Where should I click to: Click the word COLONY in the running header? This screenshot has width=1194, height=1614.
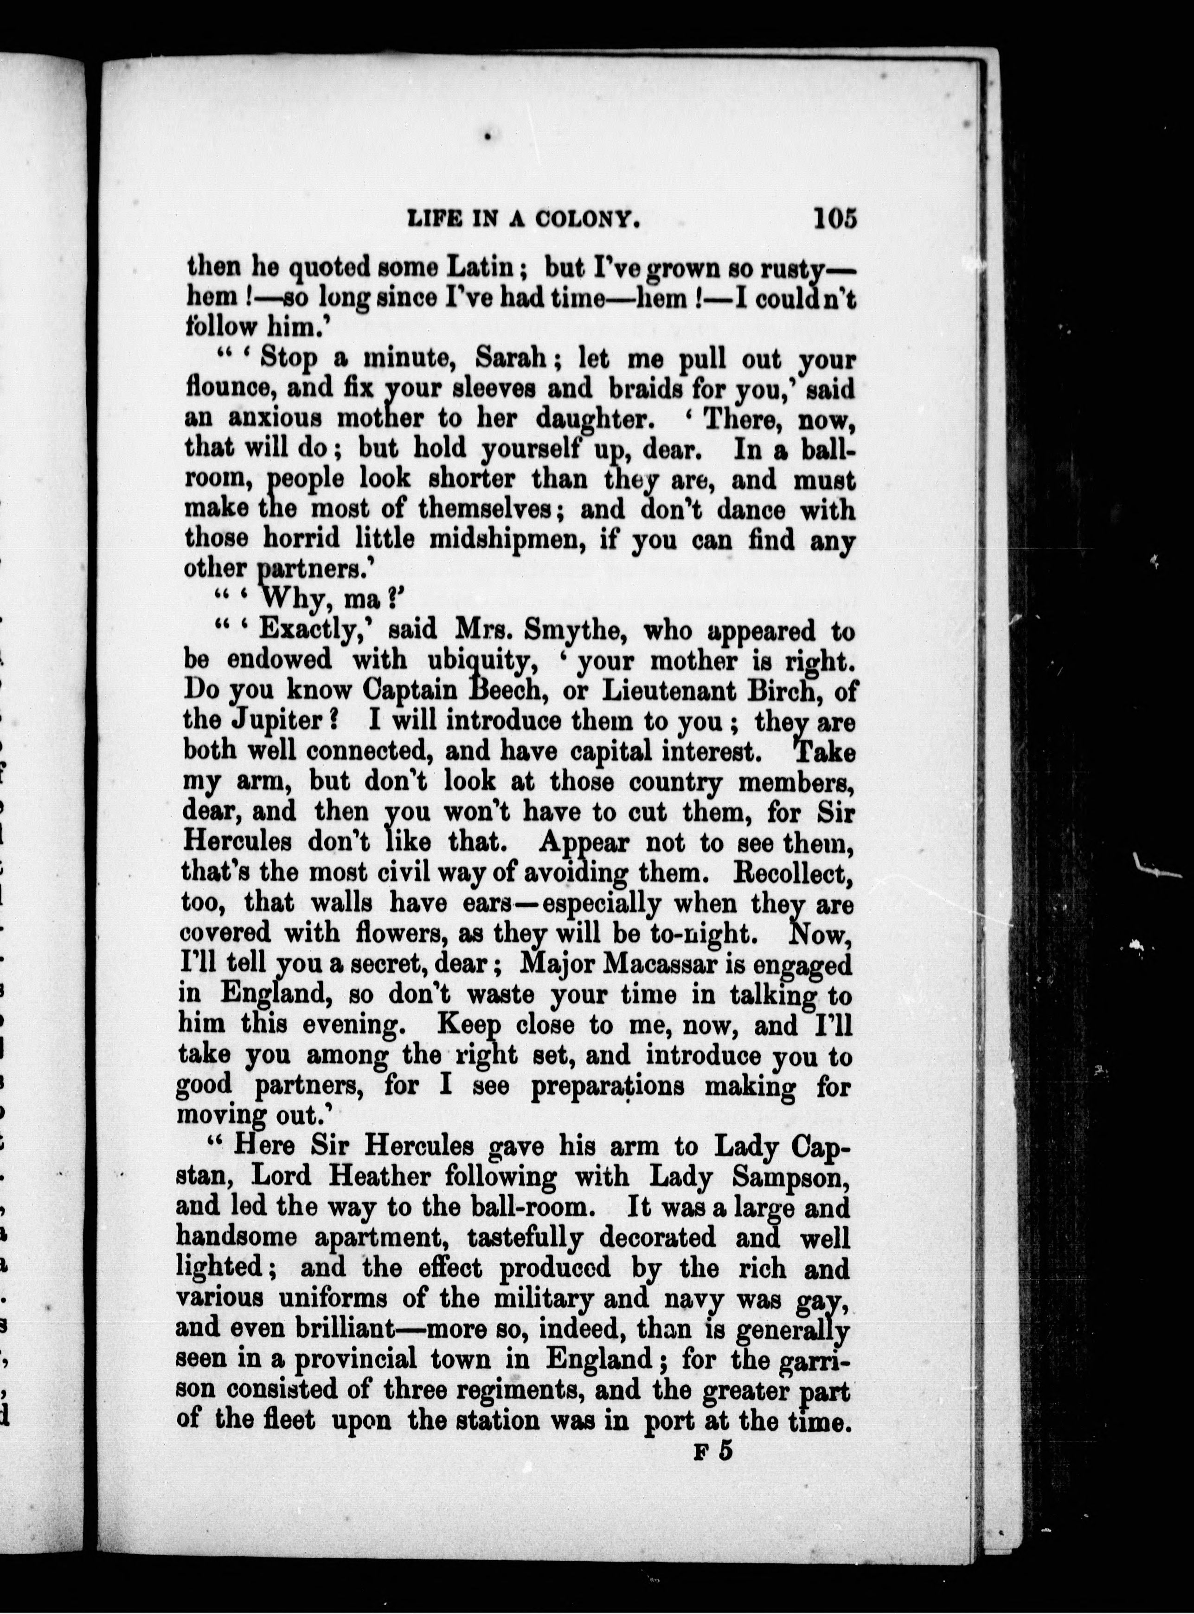click(x=586, y=220)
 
